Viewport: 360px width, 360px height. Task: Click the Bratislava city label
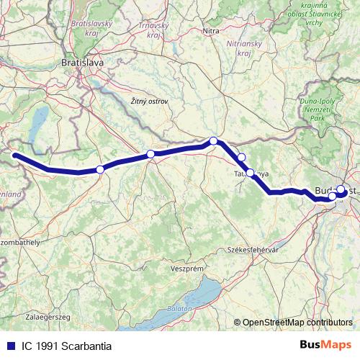click(84, 63)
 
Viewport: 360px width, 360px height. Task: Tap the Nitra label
click(211, 31)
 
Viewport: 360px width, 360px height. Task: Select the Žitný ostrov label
click(150, 102)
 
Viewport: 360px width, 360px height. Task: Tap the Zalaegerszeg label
click(47, 316)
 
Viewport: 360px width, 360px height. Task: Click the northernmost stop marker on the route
click(213, 141)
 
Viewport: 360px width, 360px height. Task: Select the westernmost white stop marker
click(100, 169)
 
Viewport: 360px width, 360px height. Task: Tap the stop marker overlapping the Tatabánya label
click(251, 173)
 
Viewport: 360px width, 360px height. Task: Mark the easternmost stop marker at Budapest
click(341, 190)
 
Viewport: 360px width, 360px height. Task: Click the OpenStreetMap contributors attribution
click(297, 323)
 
